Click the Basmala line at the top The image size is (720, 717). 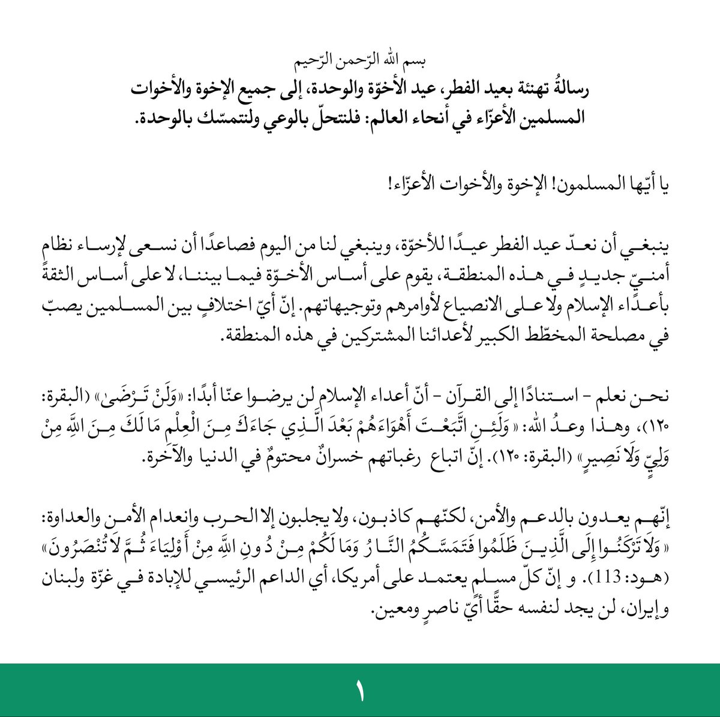tap(360, 61)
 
